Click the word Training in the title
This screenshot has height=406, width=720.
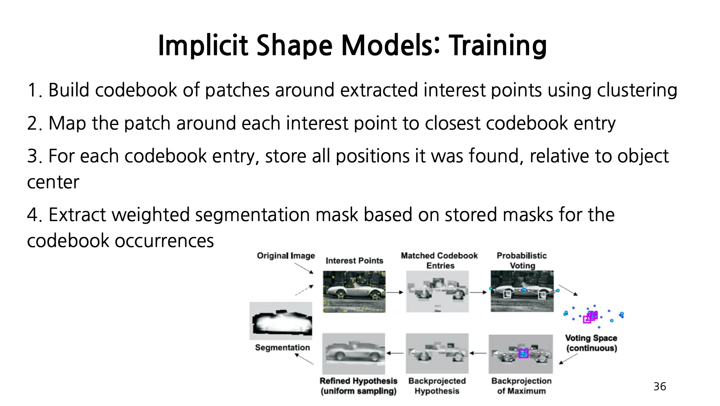[498, 45]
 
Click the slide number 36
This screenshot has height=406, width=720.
[660, 386]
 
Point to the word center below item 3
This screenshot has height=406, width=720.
[53, 182]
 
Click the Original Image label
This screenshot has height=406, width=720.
[286, 256]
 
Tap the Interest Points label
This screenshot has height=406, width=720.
[354, 261]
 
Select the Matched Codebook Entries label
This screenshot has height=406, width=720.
[439, 261]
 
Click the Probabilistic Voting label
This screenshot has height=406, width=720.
[522, 261]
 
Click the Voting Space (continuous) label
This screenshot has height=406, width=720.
[591, 343]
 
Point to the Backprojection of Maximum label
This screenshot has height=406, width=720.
[522, 386]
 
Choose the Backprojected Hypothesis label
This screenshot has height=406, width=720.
[437, 386]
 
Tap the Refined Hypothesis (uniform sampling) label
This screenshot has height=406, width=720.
[358, 386]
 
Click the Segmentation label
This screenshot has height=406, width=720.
[282, 347]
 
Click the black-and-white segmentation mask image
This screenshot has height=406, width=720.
[281, 321]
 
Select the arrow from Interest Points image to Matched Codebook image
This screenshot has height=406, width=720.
[395, 292]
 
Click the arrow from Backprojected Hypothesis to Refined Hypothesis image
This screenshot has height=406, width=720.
[395, 353]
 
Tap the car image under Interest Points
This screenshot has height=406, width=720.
[354, 292]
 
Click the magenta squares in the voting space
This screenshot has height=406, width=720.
[590, 317]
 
